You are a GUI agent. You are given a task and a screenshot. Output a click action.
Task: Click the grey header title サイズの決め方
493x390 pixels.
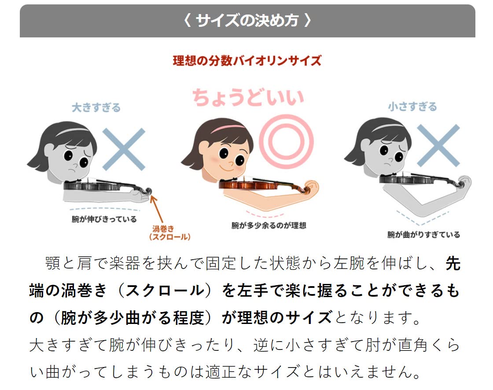pos(247,21)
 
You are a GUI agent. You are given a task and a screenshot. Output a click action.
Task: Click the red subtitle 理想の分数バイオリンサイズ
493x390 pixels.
pos(247,60)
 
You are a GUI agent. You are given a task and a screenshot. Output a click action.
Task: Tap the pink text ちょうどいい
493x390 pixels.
pos(248,97)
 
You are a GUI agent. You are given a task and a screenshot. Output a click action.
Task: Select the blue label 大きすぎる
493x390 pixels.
pos(96,107)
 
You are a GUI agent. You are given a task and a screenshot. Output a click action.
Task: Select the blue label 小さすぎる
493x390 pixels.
pos(412,107)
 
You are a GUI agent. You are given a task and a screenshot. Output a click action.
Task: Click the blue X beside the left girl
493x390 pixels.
pos(124,149)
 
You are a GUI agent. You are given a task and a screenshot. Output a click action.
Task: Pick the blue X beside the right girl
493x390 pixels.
pos(438,145)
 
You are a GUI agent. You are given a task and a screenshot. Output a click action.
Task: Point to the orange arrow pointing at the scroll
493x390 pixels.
pos(156,209)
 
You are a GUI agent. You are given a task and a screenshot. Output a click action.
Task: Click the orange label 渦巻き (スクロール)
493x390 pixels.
pos(170,233)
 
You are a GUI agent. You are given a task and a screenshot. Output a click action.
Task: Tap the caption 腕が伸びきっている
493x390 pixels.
pos(104,219)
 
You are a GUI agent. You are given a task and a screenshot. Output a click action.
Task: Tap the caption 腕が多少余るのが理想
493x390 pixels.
pos(269,225)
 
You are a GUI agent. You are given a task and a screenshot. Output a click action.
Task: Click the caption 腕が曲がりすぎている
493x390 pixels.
pos(423,235)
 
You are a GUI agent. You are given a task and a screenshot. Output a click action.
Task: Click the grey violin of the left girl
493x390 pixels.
pos(107,186)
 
